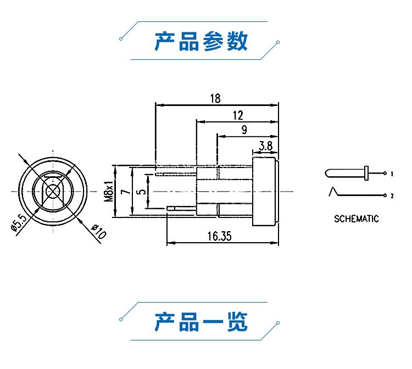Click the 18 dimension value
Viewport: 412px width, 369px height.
pos(215,98)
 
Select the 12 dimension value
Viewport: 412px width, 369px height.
pos(238,115)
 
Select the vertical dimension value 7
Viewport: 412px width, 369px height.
pos(125,192)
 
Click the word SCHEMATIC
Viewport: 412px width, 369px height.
pos(357,219)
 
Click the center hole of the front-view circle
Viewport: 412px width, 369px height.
pos(53,191)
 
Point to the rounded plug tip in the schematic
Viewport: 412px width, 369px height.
pos(328,174)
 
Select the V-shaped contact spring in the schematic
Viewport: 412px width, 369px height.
pos(334,192)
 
